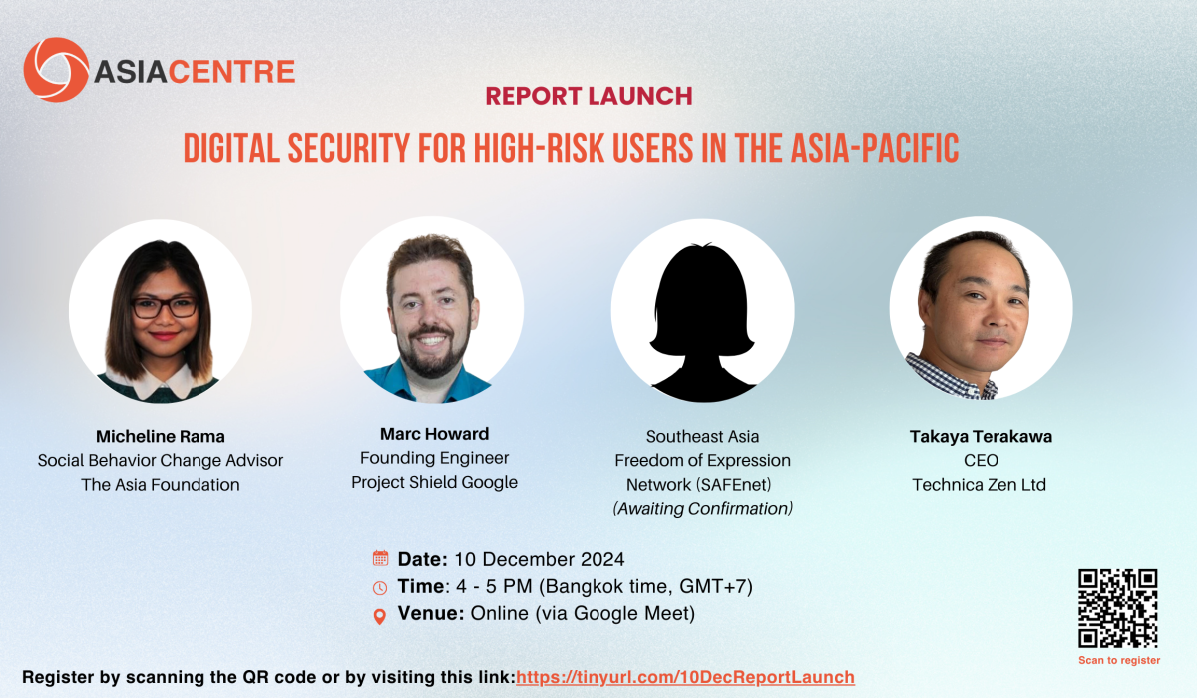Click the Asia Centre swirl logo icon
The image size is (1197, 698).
click(x=56, y=70)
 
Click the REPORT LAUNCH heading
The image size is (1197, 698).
click(x=589, y=96)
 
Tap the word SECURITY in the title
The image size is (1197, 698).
click(x=349, y=148)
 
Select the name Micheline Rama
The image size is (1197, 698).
click(x=161, y=437)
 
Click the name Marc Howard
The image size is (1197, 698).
click(x=435, y=434)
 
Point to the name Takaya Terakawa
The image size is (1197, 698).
click(x=981, y=437)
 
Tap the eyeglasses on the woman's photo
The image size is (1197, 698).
click(x=165, y=307)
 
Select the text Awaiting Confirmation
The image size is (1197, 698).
click(x=702, y=508)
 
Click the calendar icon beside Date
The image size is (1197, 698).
click(x=380, y=558)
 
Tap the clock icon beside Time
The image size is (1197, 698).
click(x=380, y=588)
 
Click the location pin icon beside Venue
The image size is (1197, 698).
click(x=380, y=617)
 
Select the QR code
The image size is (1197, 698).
click(x=1118, y=608)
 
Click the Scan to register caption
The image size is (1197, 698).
click(x=1119, y=661)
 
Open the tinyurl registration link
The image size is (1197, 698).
click(x=685, y=677)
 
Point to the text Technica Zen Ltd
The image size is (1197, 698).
click(x=979, y=485)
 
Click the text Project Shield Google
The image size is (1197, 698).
click(x=435, y=482)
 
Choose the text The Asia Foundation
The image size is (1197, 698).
click(x=161, y=485)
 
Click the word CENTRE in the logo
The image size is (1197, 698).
click(x=231, y=72)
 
